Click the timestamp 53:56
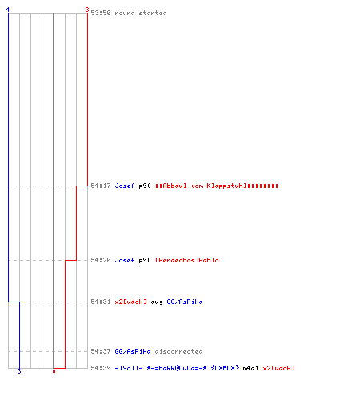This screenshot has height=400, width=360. click(x=101, y=13)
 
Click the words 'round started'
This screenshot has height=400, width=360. click(x=141, y=13)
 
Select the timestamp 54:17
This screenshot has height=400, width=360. click(x=101, y=186)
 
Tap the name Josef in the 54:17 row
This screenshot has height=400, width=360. click(x=125, y=186)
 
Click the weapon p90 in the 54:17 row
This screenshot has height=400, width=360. click(x=145, y=186)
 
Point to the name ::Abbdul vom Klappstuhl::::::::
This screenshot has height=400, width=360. click(x=217, y=186)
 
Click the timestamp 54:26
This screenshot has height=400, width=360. click(x=101, y=260)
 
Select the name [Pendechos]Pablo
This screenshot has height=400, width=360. click(x=187, y=260)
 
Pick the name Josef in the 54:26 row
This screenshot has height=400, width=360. click(x=125, y=260)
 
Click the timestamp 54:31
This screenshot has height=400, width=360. click(x=101, y=302)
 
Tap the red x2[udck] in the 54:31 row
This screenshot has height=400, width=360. click(x=130, y=302)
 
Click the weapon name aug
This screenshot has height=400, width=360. click(x=157, y=302)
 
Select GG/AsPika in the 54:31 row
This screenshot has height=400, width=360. click(x=185, y=302)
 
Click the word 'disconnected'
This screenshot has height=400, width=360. click(x=178, y=351)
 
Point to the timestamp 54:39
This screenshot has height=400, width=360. click(x=101, y=368)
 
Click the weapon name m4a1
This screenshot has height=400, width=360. click(x=250, y=368)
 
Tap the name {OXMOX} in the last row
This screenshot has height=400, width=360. click(x=225, y=368)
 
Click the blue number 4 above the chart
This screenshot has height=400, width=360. click(x=8, y=10)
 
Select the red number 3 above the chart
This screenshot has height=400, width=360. click(x=87, y=10)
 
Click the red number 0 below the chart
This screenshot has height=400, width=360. click(x=54, y=371)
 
